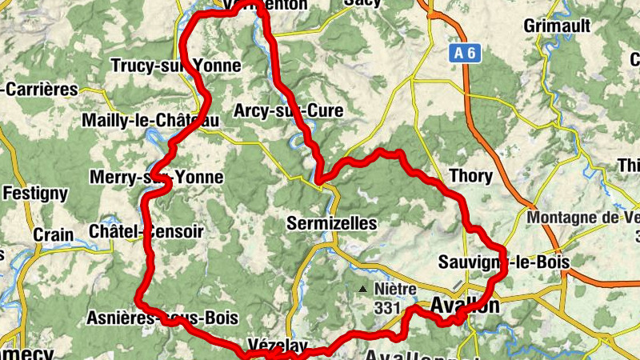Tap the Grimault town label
(x=557, y=26)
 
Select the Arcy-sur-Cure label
(x=289, y=111)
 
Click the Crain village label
(x=54, y=235)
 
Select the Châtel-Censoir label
(x=150, y=231)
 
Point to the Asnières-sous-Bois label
(x=162, y=318)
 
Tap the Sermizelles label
(x=331, y=224)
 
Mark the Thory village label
(x=471, y=176)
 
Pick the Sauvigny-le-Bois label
(x=503, y=262)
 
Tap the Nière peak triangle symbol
(x=364, y=289)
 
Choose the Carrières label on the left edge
(x=40, y=90)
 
